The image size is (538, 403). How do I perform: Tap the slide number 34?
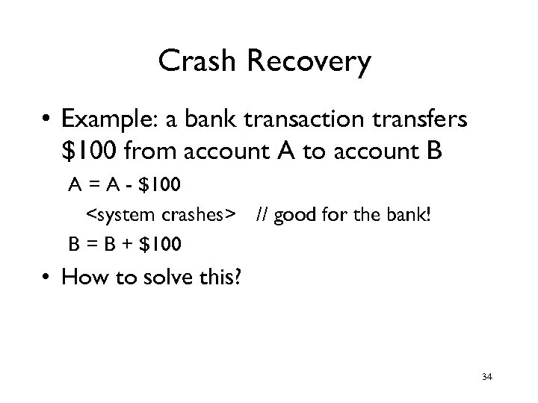click(486, 377)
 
